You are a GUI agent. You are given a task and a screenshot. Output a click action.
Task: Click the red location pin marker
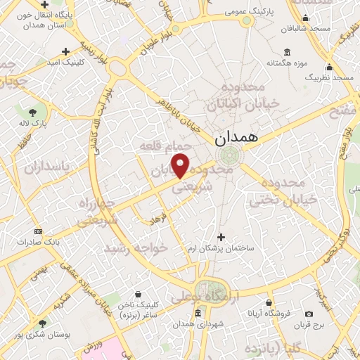coord(181,165)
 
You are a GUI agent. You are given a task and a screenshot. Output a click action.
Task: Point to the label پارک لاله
coord(33,123)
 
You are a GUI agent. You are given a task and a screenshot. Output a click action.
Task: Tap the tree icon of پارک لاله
coord(33,111)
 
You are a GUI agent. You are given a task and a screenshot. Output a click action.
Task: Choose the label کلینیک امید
coord(65,63)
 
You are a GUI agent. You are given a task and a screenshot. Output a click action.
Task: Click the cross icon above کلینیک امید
coord(65,51)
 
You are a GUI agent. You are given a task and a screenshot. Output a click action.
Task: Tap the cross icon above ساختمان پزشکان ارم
coord(221,237)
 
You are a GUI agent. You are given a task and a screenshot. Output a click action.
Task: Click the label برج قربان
coord(309,326)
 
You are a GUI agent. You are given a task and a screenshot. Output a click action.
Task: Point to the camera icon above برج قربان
coord(309,314)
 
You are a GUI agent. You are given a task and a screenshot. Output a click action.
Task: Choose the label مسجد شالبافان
coord(304,30)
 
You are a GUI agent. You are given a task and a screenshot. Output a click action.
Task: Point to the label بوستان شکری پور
coord(44,334)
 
